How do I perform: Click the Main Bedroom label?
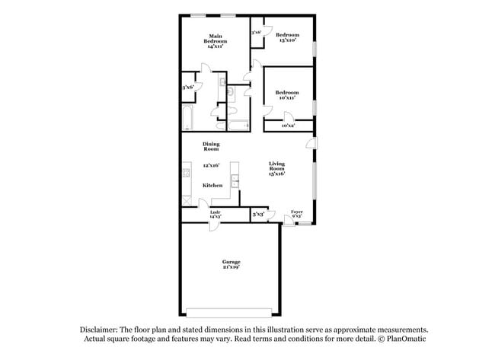pyautogui.click(x=216, y=36)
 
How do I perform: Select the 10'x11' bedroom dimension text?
pyautogui.click(x=287, y=97)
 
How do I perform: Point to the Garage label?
pyautogui.click(x=232, y=261)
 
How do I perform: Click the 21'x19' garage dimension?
pyautogui.click(x=232, y=267)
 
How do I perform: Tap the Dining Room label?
pyautogui.click(x=211, y=146)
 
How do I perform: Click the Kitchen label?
pyautogui.click(x=212, y=185)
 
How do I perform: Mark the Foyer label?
pyautogui.click(x=297, y=212)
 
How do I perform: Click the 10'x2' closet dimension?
pyautogui.click(x=289, y=125)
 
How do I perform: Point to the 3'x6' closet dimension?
pyautogui.click(x=188, y=88)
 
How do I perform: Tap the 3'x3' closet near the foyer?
pyautogui.click(x=259, y=215)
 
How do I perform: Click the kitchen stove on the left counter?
pyautogui.click(x=185, y=176)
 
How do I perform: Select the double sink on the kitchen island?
pyautogui.click(x=235, y=183)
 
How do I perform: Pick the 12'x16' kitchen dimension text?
pyautogui.click(x=211, y=165)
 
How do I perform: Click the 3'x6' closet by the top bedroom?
pyautogui.click(x=257, y=33)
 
